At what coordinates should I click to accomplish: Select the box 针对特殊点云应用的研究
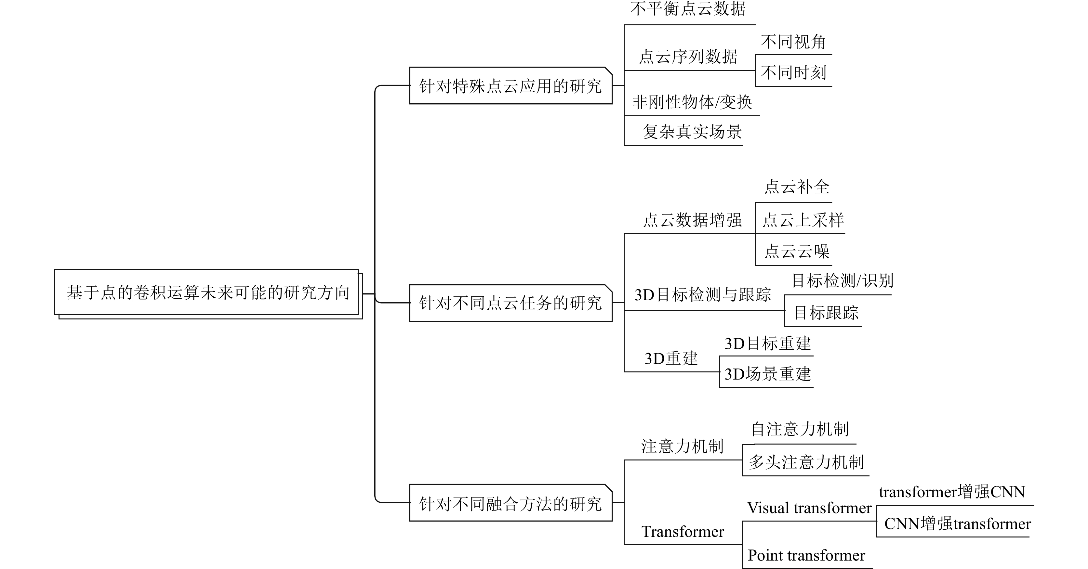coord(510,86)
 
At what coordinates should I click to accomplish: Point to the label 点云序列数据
coord(688,57)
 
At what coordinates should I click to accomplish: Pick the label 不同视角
coord(793,42)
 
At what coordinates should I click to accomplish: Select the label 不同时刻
coord(793,72)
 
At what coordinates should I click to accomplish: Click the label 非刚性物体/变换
coord(692,102)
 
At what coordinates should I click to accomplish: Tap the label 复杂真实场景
coord(692,132)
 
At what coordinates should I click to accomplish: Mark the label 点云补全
coord(797,187)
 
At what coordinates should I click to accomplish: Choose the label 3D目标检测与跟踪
coord(703,295)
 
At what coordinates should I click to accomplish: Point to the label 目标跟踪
coord(826,313)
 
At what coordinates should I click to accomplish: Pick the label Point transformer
coord(806,555)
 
